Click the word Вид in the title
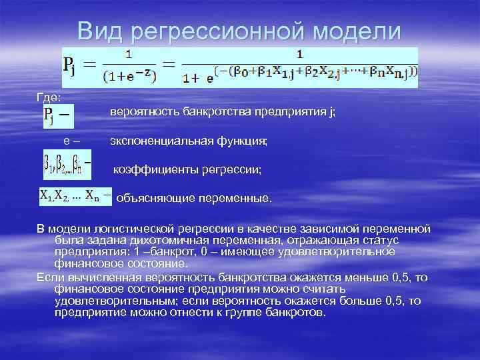[x=100, y=31]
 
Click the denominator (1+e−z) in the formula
[x=130, y=77]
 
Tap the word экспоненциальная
[x=154, y=141]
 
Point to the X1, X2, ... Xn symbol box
[x=74, y=197]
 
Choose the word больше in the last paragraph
[x=363, y=301]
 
